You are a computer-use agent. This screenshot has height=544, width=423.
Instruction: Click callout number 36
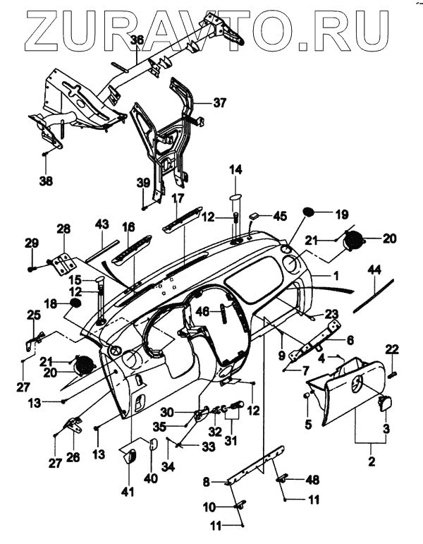pyautogui.click(x=136, y=40)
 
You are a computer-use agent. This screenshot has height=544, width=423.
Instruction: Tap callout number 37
pyautogui.click(x=220, y=102)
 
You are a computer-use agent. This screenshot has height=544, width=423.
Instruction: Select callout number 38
pyautogui.click(x=47, y=181)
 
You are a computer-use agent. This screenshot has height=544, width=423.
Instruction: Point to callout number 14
pyautogui.click(x=235, y=169)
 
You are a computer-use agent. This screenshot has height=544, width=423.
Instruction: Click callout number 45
pyautogui.click(x=281, y=216)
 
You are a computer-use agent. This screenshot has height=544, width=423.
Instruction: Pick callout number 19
pyautogui.click(x=341, y=213)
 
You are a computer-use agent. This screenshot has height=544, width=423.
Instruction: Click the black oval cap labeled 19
pyautogui.click(x=309, y=212)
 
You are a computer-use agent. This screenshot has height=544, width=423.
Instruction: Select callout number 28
pyautogui.click(x=63, y=229)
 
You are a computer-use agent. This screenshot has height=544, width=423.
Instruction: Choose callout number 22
pyautogui.click(x=392, y=349)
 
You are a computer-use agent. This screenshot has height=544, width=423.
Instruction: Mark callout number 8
pyautogui.click(x=207, y=482)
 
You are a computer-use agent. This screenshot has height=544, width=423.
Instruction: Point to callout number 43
pyautogui.click(x=103, y=224)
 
